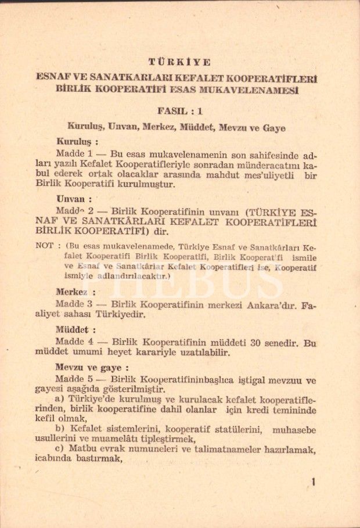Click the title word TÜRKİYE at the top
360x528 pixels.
tap(179, 62)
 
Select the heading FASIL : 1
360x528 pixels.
tap(179, 110)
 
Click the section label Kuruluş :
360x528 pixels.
tap(77, 141)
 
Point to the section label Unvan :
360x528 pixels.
tap(74, 198)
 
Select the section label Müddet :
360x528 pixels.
tap(76, 329)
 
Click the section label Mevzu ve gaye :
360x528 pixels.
tap(92, 367)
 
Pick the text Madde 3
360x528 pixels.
tap(73, 304)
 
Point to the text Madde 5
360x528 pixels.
tap(73, 380)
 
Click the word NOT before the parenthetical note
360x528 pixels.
tap(45, 245)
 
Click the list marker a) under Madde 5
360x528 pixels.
tap(59, 400)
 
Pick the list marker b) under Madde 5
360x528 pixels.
tap(59, 429)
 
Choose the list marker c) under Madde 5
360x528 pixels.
tap(59, 449)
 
